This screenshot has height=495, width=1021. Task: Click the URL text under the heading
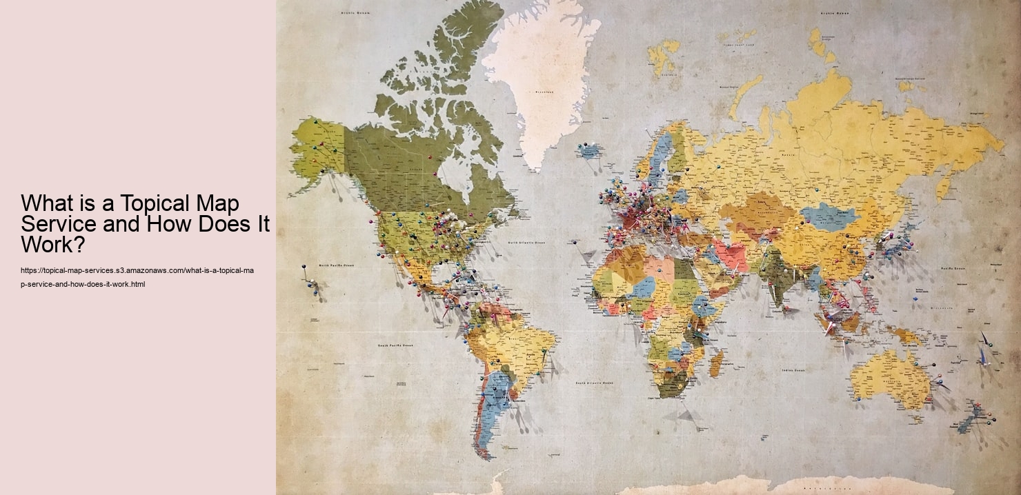(x=137, y=277)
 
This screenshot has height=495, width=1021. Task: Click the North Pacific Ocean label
(x=337, y=265)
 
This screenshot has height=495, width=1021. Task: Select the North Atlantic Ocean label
(x=526, y=243)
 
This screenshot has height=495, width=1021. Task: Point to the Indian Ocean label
(x=793, y=370)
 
